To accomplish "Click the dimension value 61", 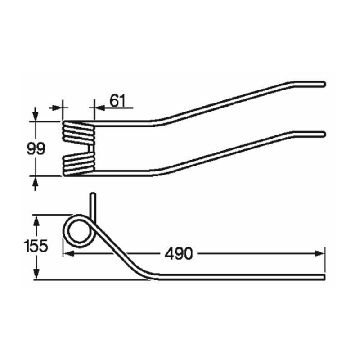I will [x=117, y=101].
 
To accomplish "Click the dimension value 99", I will [x=36, y=148].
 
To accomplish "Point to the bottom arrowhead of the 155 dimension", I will [x=36, y=273].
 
